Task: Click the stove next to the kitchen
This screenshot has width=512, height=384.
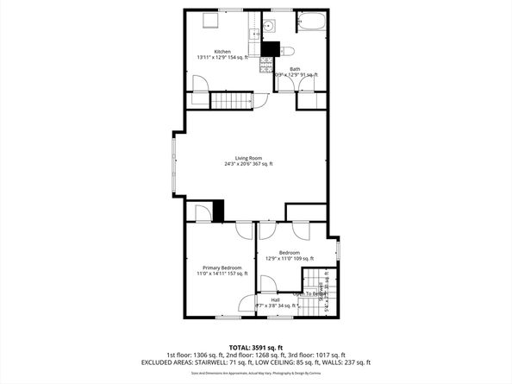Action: (x=266, y=63)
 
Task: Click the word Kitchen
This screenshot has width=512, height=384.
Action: (x=222, y=51)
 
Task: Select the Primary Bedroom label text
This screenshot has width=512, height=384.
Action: (x=222, y=268)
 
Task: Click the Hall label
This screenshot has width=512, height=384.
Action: (x=299, y=300)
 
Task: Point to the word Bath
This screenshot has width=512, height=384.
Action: (x=295, y=69)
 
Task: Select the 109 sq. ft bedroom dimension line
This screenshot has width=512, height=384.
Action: (x=290, y=258)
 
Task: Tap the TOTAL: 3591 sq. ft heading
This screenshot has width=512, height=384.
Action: (x=255, y=346)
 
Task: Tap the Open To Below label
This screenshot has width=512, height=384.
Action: (x=309, y=293)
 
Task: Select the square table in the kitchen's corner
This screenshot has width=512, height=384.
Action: (x=209, y=21)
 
